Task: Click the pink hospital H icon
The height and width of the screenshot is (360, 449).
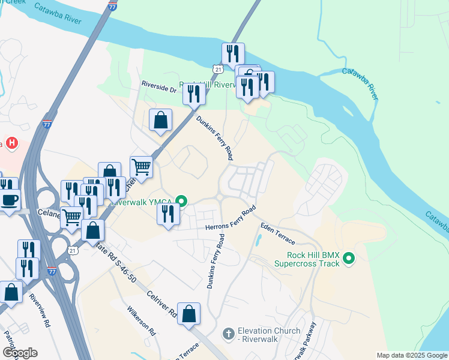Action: pos(11,143)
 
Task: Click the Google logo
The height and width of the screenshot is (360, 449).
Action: pos(20,353)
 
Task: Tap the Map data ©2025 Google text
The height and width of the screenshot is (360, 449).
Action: pos(412,355)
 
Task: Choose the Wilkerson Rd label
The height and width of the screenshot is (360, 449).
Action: pos(142,322)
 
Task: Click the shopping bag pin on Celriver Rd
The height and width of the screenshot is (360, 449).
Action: pos(189,314)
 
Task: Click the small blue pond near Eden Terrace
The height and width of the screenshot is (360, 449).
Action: pos(258,241)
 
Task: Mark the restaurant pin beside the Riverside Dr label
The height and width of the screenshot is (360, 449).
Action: pos(193,94)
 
